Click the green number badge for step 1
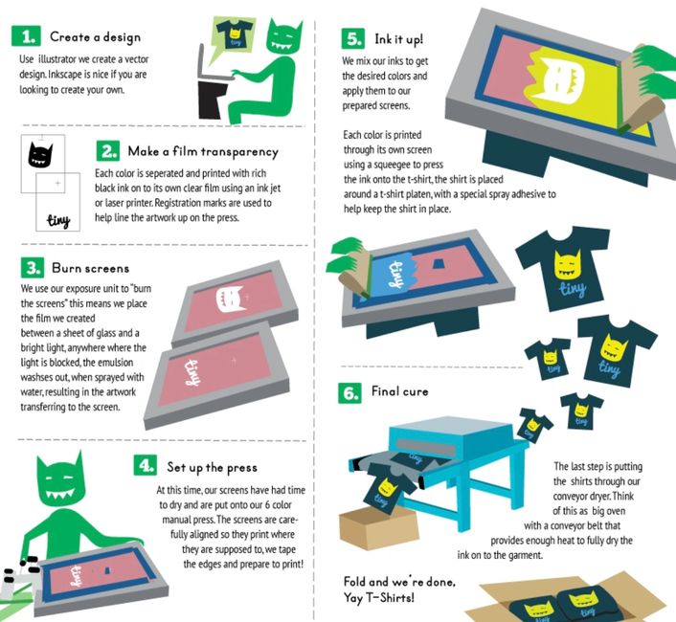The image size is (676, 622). point(26,36)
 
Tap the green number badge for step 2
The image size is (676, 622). point(108,151)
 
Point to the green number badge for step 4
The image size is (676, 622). point(146,466)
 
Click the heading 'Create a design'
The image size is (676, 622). point(95,37)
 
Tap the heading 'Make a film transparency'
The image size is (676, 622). point(203,151)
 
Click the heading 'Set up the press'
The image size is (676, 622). point(213,467)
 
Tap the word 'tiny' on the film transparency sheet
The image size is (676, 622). point(59,220)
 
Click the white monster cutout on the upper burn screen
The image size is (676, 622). point(230,300)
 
